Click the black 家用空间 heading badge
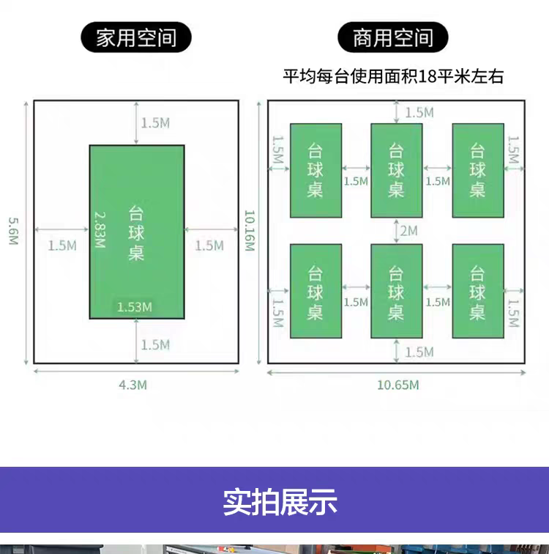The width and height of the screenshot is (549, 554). point(137,38)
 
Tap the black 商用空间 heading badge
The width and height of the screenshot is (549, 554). point(393,38)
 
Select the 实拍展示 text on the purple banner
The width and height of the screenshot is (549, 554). point(280,503)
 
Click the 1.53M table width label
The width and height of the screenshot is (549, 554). point(135,306)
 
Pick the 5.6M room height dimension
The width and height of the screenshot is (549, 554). point(13,232)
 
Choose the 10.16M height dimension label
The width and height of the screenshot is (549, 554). point(249,232)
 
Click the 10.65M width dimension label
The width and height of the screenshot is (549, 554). point(397,385)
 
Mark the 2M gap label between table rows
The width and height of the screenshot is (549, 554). point(408,231)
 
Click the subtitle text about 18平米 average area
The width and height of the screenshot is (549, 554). point(393,76)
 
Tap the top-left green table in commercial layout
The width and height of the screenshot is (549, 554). point(315,170)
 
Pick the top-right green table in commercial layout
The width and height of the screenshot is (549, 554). point(478,170)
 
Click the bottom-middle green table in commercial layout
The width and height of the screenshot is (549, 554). point(396,291)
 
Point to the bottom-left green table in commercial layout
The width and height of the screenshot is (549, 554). point(315,291)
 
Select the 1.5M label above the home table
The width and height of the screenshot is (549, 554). point(155,123)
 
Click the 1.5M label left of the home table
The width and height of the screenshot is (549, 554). point(62,245)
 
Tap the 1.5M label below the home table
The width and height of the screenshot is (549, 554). point(155,344)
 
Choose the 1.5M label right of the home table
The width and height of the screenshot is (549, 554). point(209,245)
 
